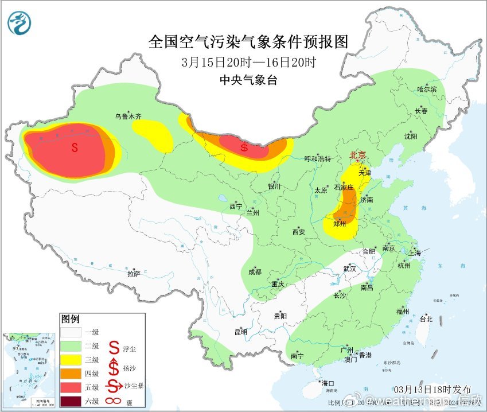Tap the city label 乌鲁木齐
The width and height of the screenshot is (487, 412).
coord(127,116)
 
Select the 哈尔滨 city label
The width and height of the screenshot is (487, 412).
coord(427,90)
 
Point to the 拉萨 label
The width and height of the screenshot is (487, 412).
coord(134,274)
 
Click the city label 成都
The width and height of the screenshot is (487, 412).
coord(255,272)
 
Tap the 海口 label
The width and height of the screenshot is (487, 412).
coord(328,383)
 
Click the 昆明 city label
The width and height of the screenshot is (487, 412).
coord(240,332)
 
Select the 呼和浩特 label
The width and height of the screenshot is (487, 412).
coord(317,159)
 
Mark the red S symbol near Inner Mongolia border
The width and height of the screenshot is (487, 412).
coord(244,147)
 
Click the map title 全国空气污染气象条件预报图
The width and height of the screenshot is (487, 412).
coord(248,42)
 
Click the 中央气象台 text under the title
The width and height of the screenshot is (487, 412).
coord(248,81)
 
